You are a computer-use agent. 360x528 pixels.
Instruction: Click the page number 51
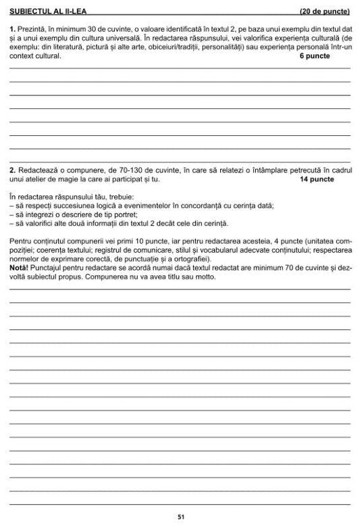[x=180, y=517]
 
